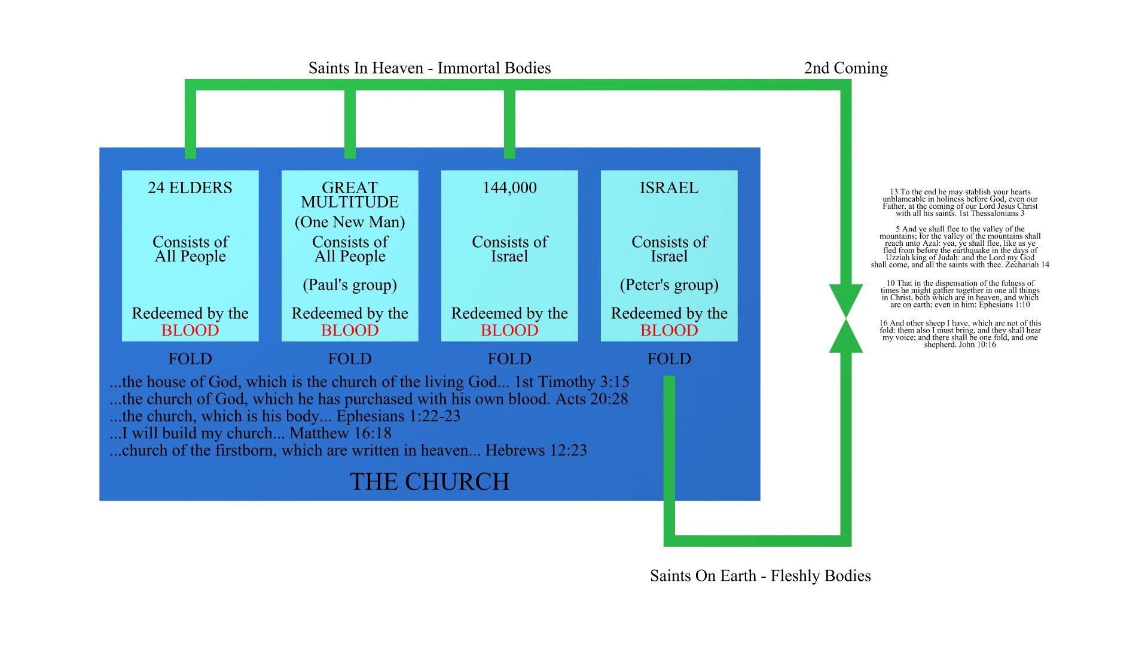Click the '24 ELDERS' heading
[x=190, y=188]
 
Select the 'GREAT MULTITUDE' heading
[x=350, y=195]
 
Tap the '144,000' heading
[x=509, y=188]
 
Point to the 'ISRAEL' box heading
[x=669, y=188]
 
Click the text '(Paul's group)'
[x=350, y=285]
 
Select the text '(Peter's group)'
[x=669, y=285]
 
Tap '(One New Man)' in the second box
[x=350, y=222]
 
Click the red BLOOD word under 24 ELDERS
[x=190, y=330]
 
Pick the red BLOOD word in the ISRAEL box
[x=669, y=330]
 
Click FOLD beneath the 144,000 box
[x=509, y=359]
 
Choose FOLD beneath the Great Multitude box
[x=350, y=359]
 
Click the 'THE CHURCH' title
[x=429, y=482]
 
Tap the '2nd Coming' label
[x=845, y=68]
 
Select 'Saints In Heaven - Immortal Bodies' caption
[x=429, y=68]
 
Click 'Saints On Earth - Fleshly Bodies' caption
[x=760, y=575]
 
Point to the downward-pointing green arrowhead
[x=845, y=299]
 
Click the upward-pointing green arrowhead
[x=845, y=337]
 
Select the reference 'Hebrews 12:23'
[x=536, y=450]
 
